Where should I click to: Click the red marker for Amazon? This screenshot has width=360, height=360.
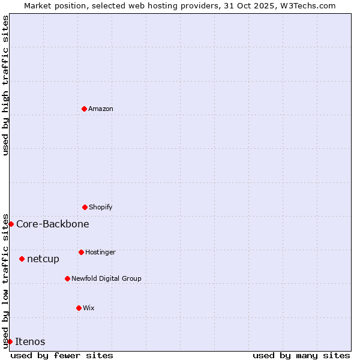point(84,109)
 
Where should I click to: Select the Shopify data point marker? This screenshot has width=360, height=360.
point(85,207)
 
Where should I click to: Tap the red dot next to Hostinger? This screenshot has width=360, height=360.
point(81,252)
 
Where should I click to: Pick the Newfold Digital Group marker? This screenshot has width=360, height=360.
point(67,278)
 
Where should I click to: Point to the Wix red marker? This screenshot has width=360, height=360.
point(79,308)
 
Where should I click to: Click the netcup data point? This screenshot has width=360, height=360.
point(22,259)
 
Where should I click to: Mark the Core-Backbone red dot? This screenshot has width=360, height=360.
point(11,224)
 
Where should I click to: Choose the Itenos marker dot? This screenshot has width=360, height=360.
point(10,341)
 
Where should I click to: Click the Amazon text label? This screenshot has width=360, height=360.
point(101,109)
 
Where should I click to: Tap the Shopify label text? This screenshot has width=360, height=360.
point(101,208)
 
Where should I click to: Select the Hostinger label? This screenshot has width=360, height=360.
point(100,253)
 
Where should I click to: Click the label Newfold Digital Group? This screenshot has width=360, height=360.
point(106,279)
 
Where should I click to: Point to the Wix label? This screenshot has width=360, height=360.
point(89,308)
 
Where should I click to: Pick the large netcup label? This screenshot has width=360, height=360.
point(43,259)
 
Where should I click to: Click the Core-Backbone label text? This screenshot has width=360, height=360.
point(53,224)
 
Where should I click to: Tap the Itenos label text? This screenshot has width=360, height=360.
point(30,342)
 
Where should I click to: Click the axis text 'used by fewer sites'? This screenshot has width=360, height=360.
point(62,355)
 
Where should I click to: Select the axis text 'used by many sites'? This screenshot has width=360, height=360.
point(301,355)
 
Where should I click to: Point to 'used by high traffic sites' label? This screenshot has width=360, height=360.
point(5,85)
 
